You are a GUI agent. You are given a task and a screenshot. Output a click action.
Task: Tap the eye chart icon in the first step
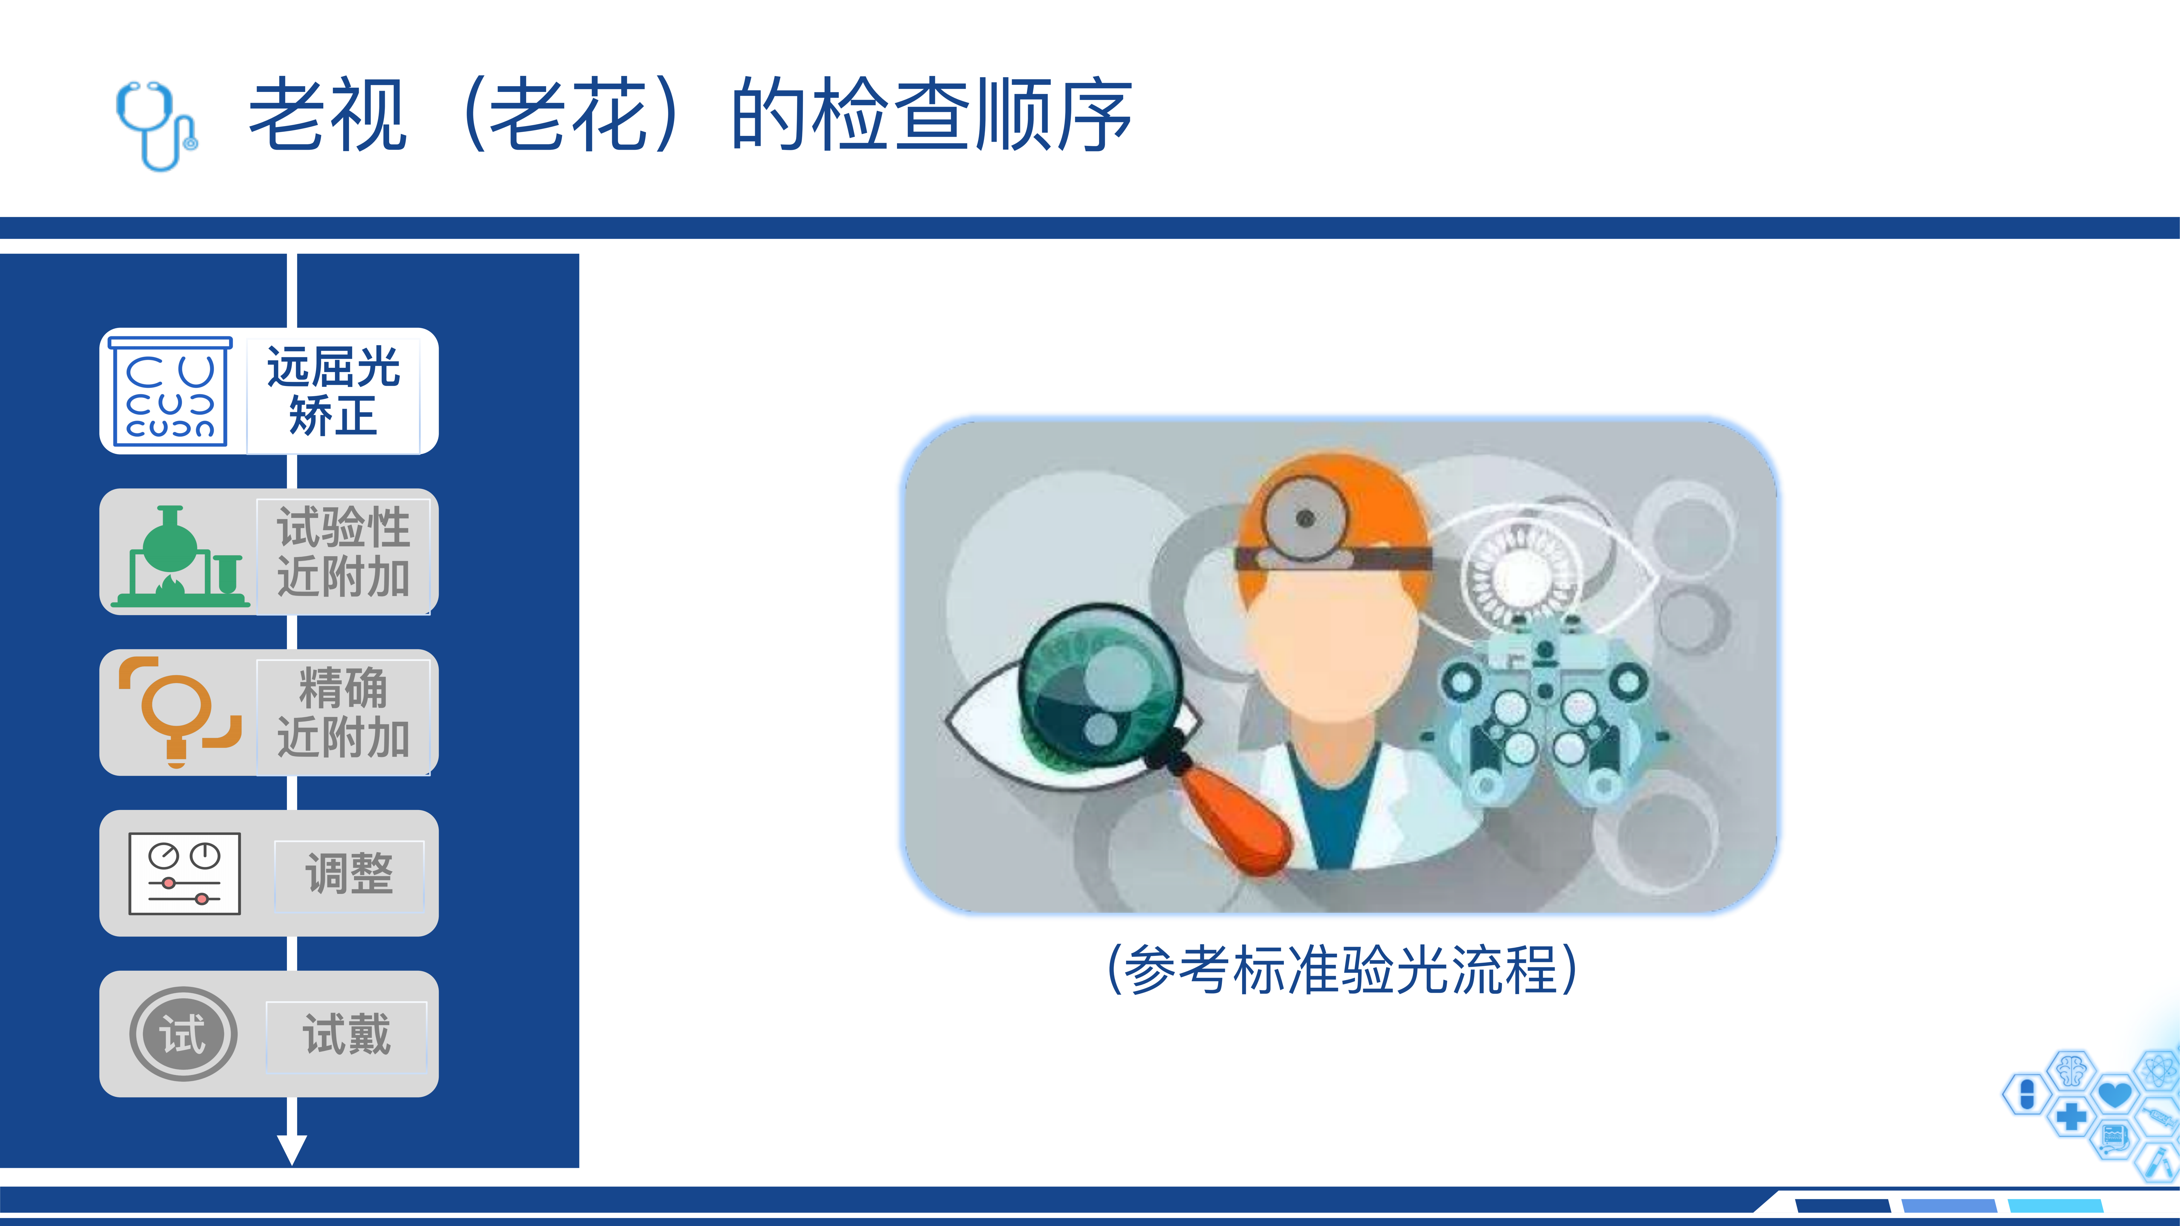(170, 391)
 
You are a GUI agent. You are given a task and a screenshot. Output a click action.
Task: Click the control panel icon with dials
(185, 873)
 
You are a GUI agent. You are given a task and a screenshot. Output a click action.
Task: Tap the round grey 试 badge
(183, 1034)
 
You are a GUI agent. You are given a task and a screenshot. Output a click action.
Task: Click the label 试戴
(347, 1034)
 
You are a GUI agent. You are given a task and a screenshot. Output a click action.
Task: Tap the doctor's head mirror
(1304, 518)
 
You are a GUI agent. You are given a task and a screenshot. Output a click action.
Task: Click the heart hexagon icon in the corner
(2115, 1094)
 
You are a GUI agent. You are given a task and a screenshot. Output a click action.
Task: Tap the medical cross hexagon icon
(2071, 1117)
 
